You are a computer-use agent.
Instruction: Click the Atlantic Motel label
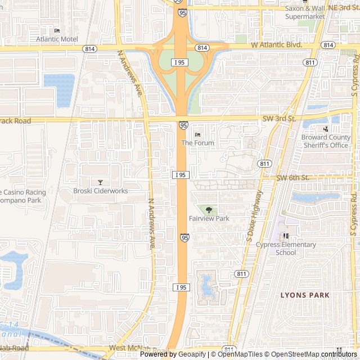tap(57, 39)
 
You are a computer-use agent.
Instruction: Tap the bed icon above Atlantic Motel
tap(57, 30)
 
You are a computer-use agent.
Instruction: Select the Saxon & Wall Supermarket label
tap(305, 12)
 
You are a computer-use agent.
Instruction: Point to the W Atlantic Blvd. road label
tap(277, 44)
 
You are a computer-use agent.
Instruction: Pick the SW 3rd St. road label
tap(279, 119)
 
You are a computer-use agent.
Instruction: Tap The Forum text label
tap(197, 143)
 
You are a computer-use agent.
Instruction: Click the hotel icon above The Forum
tap(197, 134)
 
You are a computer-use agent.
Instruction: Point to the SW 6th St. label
tap(293, 178)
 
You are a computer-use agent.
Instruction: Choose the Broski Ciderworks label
tap(101, 191)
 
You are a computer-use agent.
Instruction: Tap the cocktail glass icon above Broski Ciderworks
tap(101, 182)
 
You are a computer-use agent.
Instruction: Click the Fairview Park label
tap(209, 218)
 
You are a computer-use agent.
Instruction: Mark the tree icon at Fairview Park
tap(209, 210)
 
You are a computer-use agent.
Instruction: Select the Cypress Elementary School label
tap(286, 249)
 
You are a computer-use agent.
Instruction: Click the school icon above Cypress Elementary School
tap(286, 236)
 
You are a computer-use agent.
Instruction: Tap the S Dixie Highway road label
tap(255, 216)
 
